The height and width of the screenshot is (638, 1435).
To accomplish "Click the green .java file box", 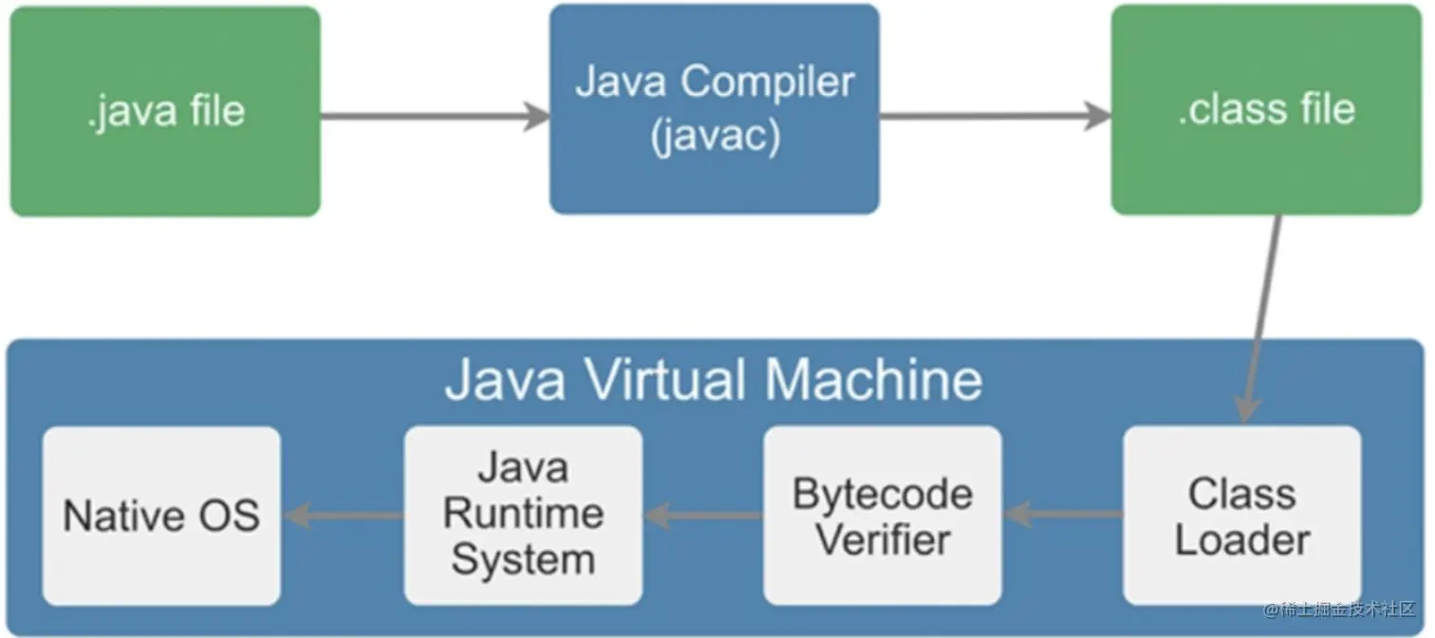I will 165,112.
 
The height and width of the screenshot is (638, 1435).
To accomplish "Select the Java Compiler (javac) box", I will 714,109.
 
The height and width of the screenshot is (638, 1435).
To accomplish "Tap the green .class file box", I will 1266,109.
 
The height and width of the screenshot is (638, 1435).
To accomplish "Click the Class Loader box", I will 1241,516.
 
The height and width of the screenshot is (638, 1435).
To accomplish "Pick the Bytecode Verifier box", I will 882,516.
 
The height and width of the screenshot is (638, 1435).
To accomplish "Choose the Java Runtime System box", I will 523,516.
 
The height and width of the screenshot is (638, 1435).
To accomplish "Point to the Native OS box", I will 161,516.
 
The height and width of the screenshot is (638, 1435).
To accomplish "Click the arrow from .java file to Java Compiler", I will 435,117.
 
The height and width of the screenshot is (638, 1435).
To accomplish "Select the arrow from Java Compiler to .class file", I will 995,117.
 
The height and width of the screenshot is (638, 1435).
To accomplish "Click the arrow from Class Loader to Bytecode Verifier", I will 1063,516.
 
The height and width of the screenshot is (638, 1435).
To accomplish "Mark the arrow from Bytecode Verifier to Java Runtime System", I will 703,516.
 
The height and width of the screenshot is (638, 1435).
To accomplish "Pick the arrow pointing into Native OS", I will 343,516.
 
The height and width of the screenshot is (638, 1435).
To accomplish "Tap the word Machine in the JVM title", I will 873,380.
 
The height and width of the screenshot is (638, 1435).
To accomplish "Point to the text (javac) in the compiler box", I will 716,136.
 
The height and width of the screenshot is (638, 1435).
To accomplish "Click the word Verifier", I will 883,539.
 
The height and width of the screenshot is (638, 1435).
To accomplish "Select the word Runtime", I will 523,515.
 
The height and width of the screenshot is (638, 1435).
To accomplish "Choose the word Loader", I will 1242,539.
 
